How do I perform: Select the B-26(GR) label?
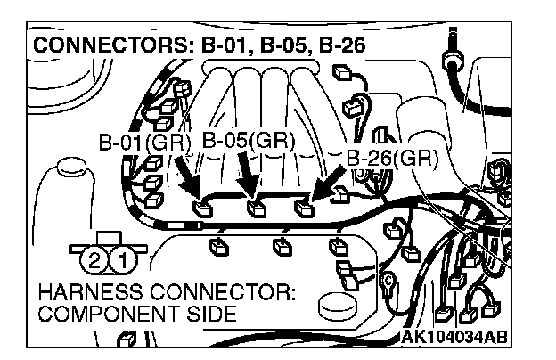pyautogui.click(x=392, y=159)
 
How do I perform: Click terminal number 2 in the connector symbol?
pyautogui.click(x=94, y=260)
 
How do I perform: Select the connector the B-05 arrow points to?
pyautogui.click(x=257, y=210)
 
